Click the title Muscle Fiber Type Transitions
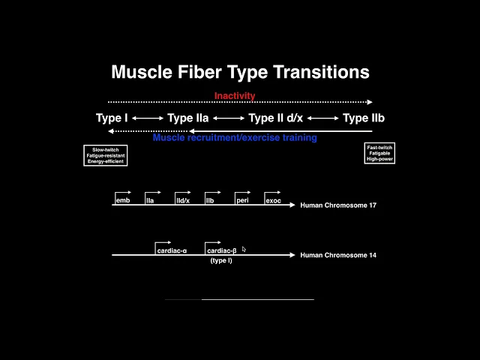point(240,72)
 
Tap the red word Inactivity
point(235,96)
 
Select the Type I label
point(112,118)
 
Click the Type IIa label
point(187,118)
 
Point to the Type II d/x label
point(275,118)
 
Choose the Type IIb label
point(364,118)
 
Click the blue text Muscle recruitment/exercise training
point(235,138)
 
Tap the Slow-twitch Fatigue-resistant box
point(106,155)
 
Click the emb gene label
point(122,200)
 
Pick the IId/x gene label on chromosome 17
point(182,201)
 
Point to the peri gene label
point(242,200)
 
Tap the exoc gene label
point(273,201)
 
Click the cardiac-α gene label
point(172,250)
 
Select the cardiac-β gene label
point(222,250)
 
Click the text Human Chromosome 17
point(338,205)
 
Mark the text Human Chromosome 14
point(338,255)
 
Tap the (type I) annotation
point(220,260)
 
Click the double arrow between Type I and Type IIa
point(148,118)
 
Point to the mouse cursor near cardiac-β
point(244,250)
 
